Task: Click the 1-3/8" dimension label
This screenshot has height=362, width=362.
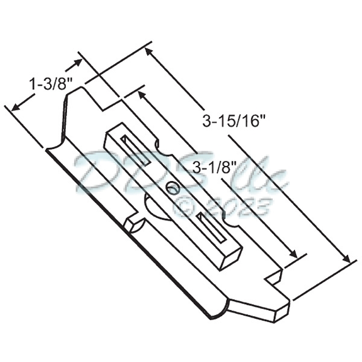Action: coord(48,84)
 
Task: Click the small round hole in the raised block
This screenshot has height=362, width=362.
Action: coord(173,188)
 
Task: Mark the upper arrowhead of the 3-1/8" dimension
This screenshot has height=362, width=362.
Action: coord(142,94)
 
